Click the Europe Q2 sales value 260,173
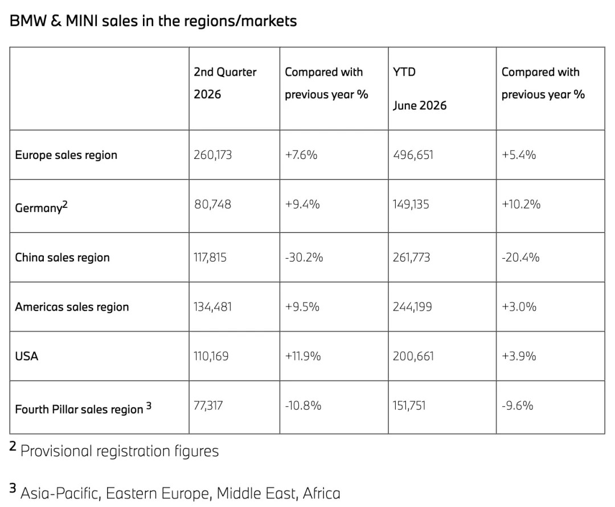click(212, 155)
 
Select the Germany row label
click(41, 206)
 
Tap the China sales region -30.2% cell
click(304, 257)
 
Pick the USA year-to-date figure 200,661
click(413, 356)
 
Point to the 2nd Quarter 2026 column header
click(225, 83)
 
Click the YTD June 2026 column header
click(420, 89)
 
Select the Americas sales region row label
click(72, 307)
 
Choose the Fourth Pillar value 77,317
click(208, 406)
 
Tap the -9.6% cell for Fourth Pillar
click(517, 406)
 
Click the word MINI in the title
click(81, 21)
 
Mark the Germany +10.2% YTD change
click(521, 205)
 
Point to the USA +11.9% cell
click(303, 356)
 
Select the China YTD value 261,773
click(412, 257)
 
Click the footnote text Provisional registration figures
click(120, 451)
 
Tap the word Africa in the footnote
click(322, 493)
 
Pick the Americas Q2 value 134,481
click(212, 307)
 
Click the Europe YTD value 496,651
click(413, 155)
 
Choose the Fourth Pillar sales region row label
click(83, 408)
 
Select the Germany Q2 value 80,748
click(212, 205)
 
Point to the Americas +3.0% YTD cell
click(519, 307)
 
